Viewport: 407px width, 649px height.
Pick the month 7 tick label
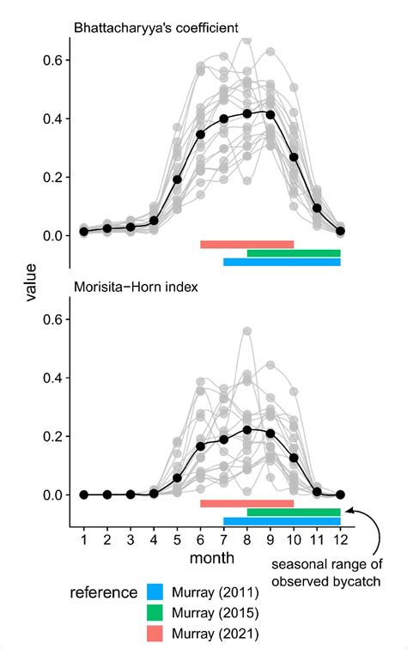click(x=224, y=537)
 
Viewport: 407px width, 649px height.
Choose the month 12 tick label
click(x=340, y=537)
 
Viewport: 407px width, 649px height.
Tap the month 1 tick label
click(x=84, y=537)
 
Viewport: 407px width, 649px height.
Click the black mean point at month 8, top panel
click(x=247, y=113)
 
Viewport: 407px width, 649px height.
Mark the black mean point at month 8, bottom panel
click(x=247, y=429)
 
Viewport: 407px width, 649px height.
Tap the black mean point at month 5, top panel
click(x=178, y=179)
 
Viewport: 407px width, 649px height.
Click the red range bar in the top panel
click(x=247, y=244)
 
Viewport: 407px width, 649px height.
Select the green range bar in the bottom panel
click(x=294, y=512)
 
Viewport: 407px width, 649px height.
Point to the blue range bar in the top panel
click(x=282, y=262)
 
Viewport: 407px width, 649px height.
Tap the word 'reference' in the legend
click(x=104, y=592)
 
